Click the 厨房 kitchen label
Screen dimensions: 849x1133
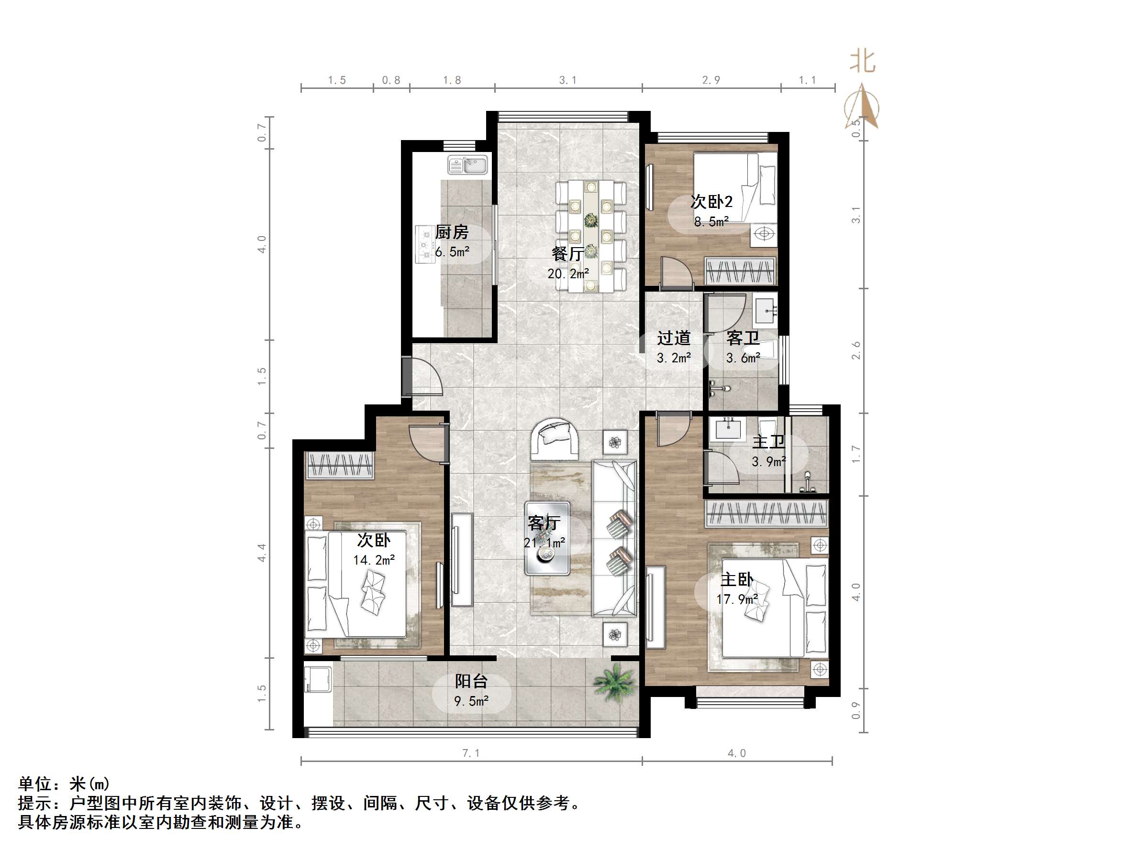click(452, 232)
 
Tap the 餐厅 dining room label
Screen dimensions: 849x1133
click(567, 253)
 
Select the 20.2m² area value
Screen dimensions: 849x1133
click(568, 274)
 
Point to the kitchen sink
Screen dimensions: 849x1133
click(468, 165)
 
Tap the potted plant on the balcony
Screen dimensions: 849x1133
click(616, 682)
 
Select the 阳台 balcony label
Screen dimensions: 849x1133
click(471, 681)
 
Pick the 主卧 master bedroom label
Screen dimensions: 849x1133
click(736, 580)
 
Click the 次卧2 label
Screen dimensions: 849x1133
click(711, 202)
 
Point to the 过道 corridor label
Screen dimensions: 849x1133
click(674, 338)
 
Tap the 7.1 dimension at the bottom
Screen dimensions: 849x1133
click(471, 753)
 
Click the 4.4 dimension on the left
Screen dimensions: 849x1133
click(262, 553)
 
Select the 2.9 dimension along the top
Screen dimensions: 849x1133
click(711, 80)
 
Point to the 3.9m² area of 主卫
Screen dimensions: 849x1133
click(769, 462)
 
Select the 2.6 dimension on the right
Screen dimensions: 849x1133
click(856, 350)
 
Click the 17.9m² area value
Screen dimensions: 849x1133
click(737, 599)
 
